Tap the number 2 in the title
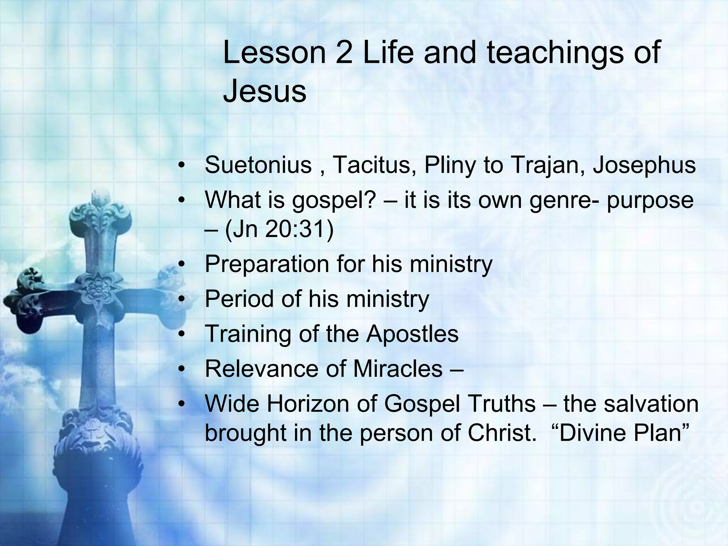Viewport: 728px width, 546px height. click(x=344, y=53)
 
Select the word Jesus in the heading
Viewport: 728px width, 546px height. click(x=264, y=91)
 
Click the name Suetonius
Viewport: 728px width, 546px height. click(x=258, y=165)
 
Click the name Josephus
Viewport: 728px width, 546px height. click(x=644, y=165)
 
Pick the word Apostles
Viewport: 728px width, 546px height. click(x=412, y=334)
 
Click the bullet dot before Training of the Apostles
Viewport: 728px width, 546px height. click(x=182, y=334)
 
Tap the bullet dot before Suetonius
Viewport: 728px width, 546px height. click(x=182, y=166)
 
